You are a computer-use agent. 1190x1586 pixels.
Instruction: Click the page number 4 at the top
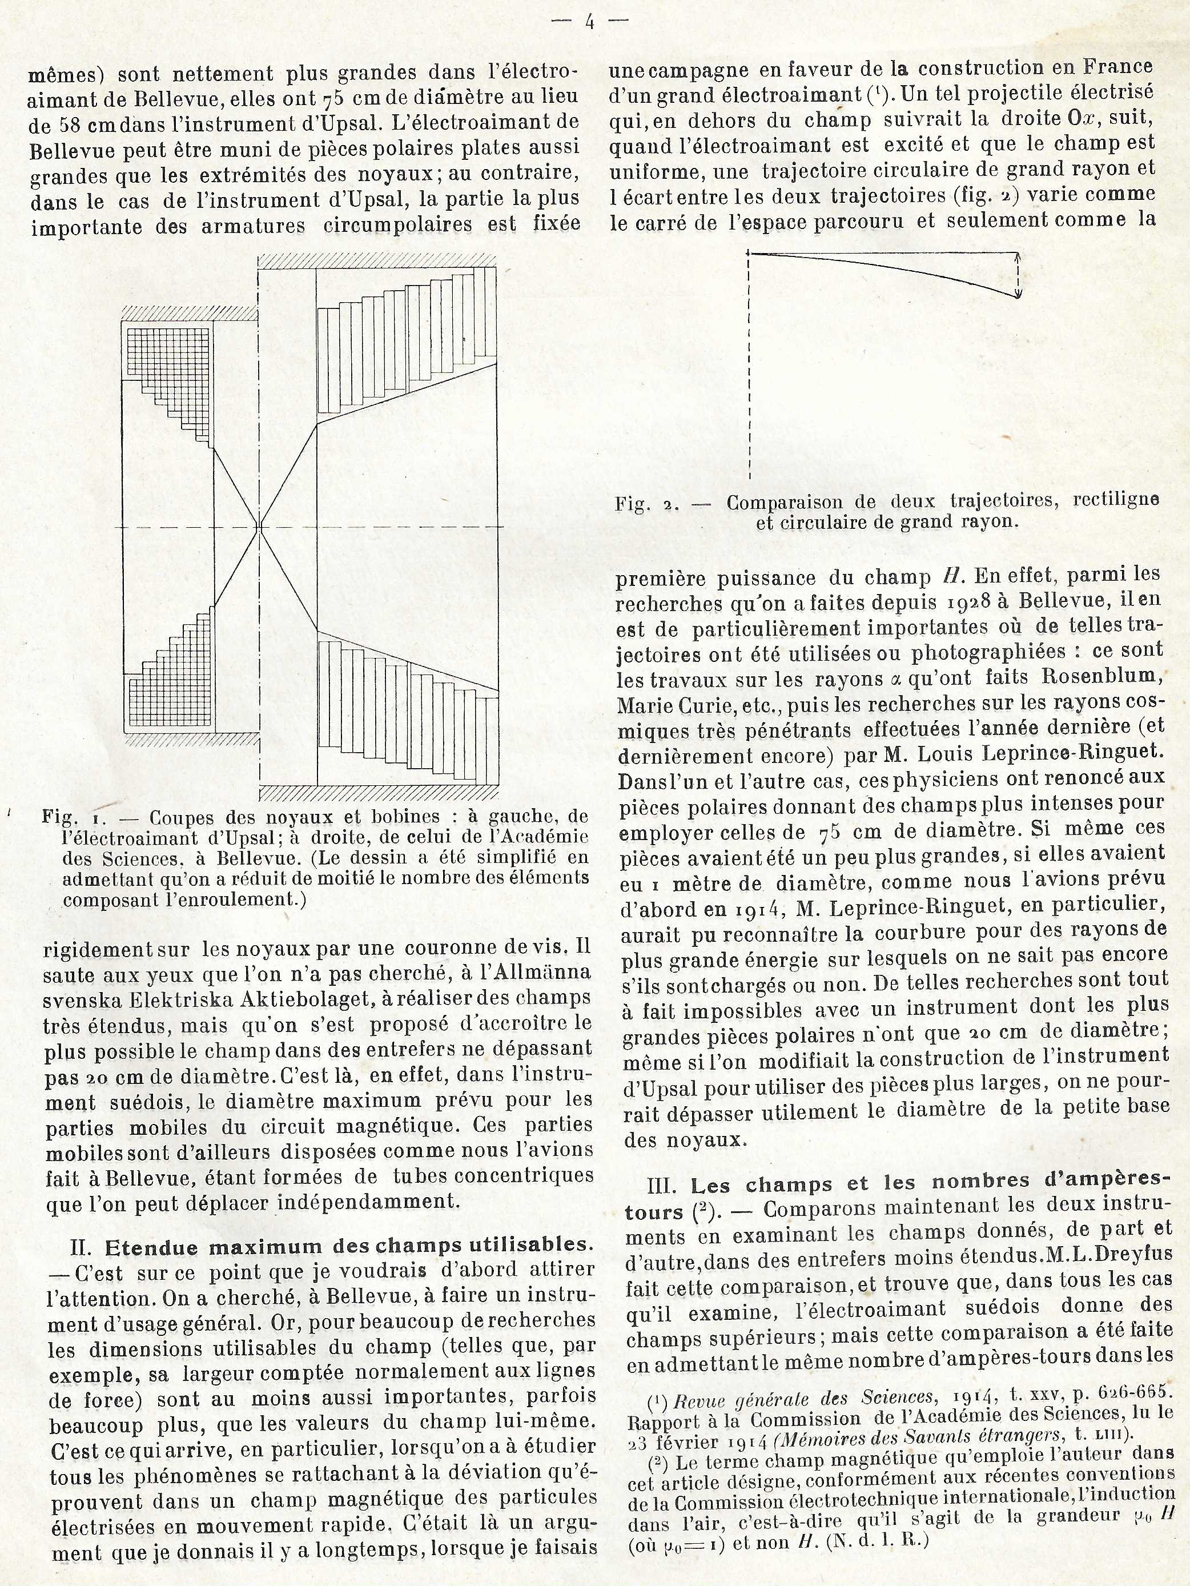pos(590,22)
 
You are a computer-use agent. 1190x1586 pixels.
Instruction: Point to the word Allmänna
pos(545,973)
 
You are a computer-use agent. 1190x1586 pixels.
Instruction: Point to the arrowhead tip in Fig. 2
pos(1019,295)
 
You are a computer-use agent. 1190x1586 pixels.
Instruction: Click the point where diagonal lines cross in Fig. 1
pos(259,528)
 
